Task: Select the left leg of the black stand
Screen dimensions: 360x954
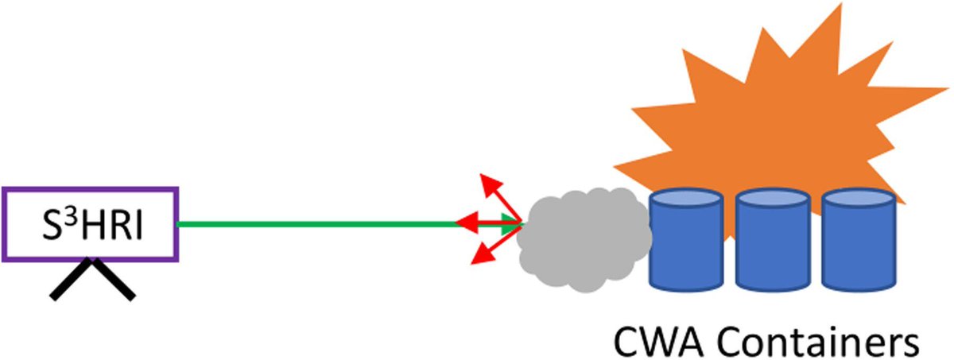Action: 72,281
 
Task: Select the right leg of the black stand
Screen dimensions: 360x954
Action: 114,281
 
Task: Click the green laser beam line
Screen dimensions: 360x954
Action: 318,224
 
